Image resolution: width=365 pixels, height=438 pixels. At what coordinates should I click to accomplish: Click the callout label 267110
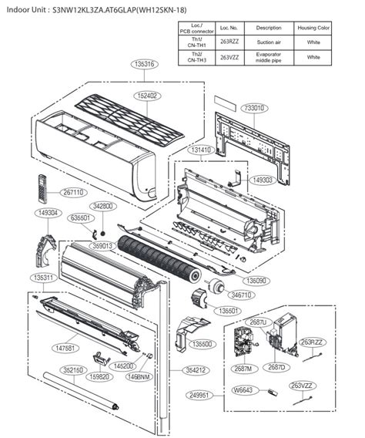coord(72,193)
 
